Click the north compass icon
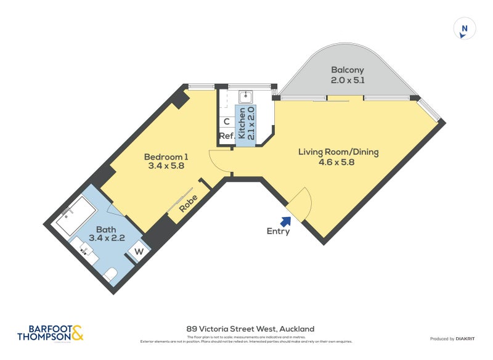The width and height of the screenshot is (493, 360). pos(465,28)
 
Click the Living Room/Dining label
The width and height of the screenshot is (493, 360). pos(338,152)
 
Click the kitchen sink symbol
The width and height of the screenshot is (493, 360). pos(245,97)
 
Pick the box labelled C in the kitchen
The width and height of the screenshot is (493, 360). pos(226,121)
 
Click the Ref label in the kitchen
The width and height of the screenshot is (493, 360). pos(226,136)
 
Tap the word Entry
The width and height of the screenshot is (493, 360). pos(278,232)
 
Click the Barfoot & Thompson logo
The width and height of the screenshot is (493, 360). pos(50,333)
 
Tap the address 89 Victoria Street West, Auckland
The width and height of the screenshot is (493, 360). pos(250,329)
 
